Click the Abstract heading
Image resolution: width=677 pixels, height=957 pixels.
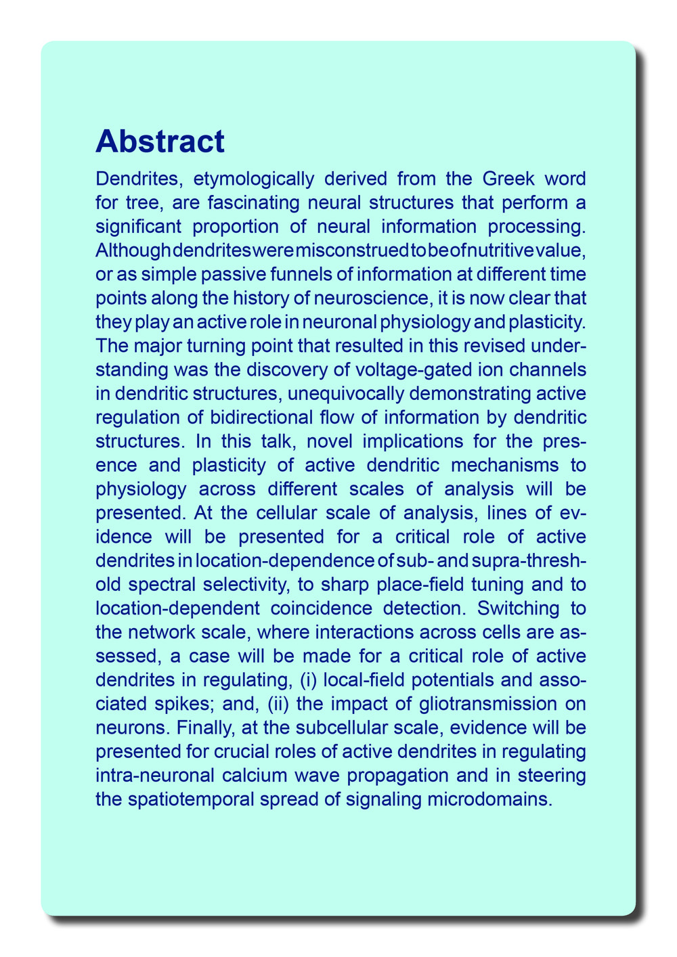coord(160,141)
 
